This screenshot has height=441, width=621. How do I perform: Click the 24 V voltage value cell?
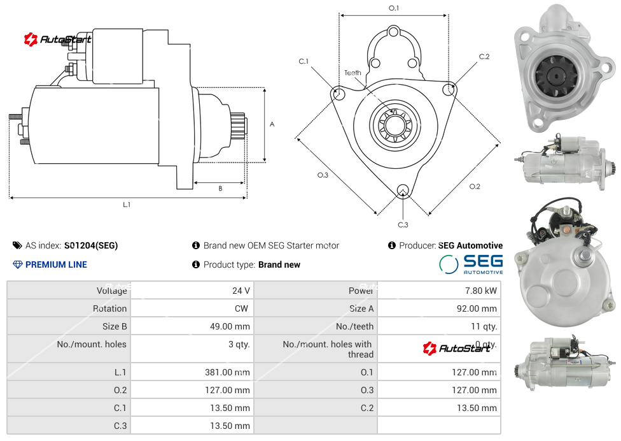(241, 291)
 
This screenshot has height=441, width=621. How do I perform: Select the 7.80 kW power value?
(482, 291)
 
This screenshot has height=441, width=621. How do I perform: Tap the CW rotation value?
(243, 308)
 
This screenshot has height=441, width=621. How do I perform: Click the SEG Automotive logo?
(471, 264)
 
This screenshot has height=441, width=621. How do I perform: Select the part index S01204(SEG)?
(91, 245)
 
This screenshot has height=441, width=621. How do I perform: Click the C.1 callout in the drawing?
(304, 61)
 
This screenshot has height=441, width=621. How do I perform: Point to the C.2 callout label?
(484, 57)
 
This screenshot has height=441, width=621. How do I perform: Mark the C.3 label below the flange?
(403, 224)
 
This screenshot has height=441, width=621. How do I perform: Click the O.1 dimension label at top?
(394, 8)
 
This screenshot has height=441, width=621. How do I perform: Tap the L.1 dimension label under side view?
(127, 205)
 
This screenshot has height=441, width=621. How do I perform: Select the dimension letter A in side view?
(272, 124)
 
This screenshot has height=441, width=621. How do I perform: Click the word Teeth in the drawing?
(352, 73)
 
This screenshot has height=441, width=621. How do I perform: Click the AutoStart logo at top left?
(58, 40)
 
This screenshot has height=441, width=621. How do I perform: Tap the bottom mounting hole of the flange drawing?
(402, 190)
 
